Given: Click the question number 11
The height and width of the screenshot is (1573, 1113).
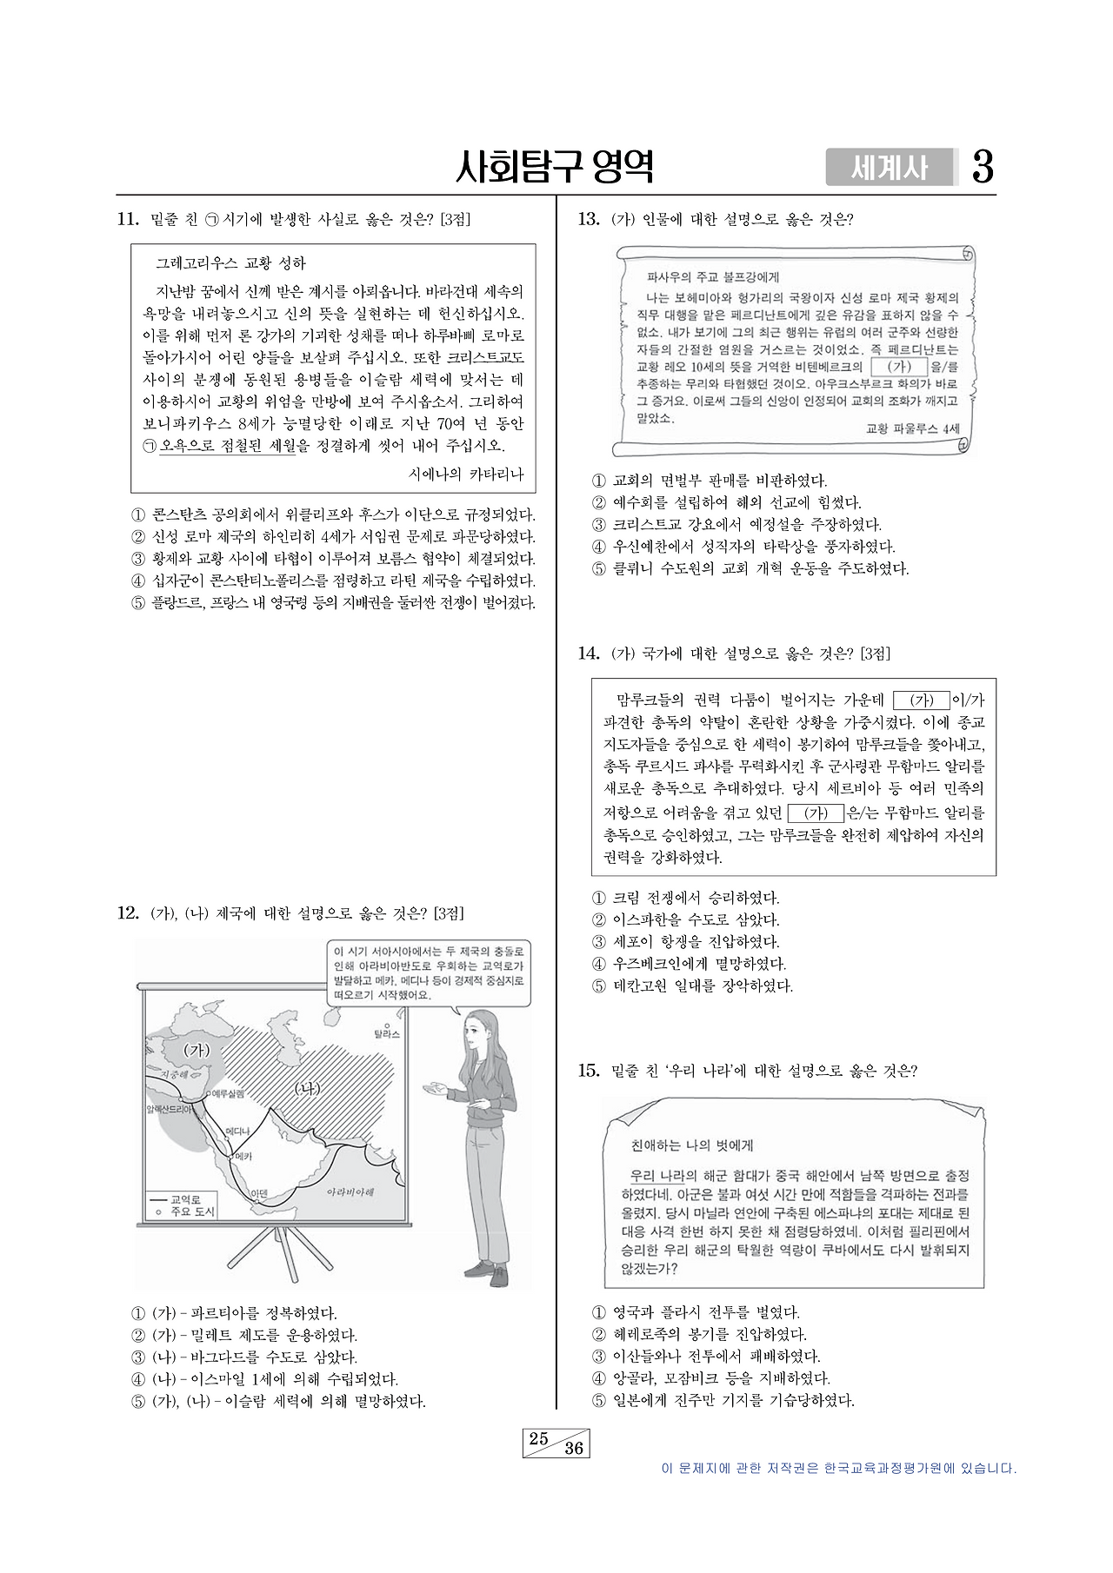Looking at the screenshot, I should pos(128,220).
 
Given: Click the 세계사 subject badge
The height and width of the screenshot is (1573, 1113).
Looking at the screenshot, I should pos(890,168).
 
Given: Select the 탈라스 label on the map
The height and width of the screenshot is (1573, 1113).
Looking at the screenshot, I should pos(386,1034).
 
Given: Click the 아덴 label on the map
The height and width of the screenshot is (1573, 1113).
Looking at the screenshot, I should pos(258,1192).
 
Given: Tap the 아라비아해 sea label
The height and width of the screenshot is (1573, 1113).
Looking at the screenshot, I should pos(350,1191).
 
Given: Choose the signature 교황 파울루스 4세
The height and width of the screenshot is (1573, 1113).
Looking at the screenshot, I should pos(912,428).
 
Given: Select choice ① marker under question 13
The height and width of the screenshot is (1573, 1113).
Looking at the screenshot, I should pos(598,481).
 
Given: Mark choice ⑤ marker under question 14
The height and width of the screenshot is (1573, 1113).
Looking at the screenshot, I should pos(598,986).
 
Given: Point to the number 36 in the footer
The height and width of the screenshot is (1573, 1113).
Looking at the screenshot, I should pos(574,1448).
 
